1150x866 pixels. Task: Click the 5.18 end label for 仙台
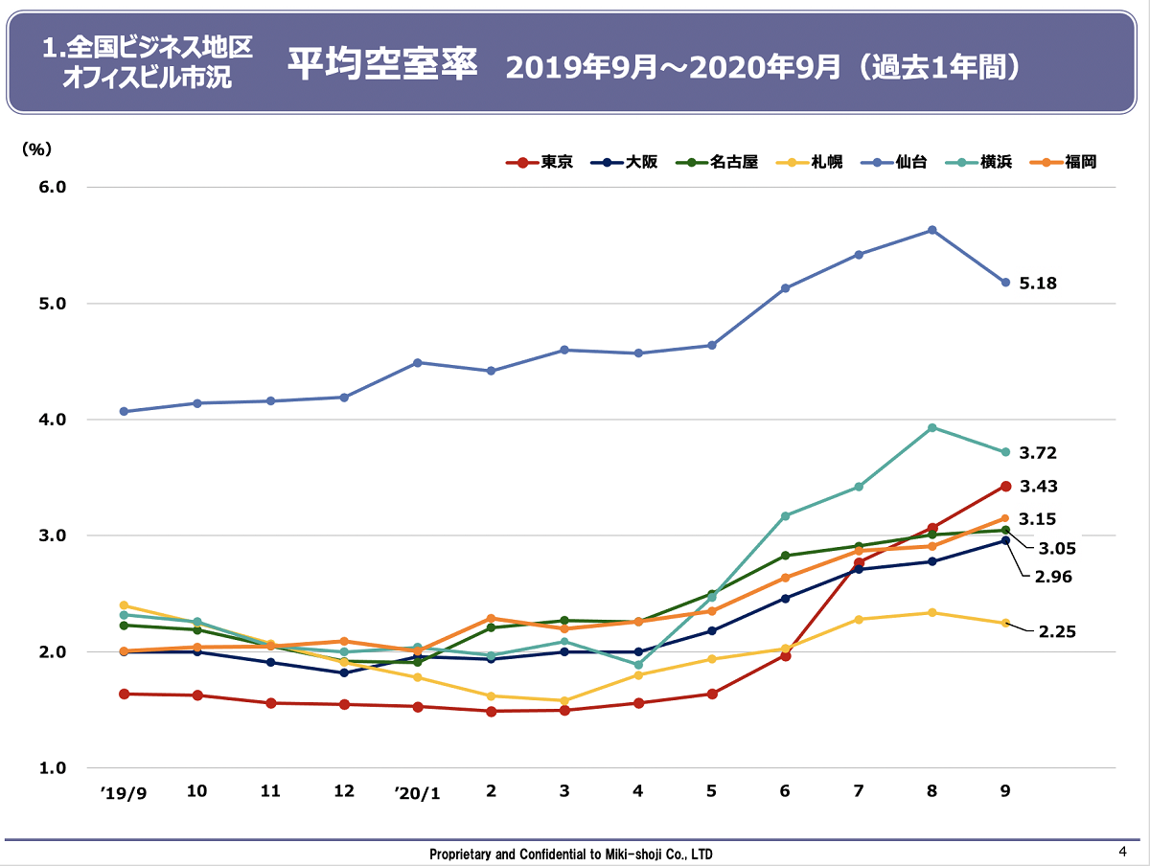[1038, 284]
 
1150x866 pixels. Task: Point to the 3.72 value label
[1038, 453]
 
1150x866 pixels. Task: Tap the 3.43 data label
[1038, 487]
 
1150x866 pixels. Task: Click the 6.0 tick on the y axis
[52, 187]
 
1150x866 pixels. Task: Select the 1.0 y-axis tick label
[52, 768]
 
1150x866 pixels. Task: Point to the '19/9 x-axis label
[124, 793]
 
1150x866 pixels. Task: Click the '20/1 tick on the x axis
[417, 793]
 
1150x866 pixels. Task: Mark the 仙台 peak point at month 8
[931, 230]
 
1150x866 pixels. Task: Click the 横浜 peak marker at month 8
[931, 427]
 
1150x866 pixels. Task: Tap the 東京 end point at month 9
[1005, 487]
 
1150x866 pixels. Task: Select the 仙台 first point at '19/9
[124, 411]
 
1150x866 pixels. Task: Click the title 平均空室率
[382, 65]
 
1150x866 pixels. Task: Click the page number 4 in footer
[1122, 852]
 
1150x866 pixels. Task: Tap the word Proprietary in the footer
[461, 854]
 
